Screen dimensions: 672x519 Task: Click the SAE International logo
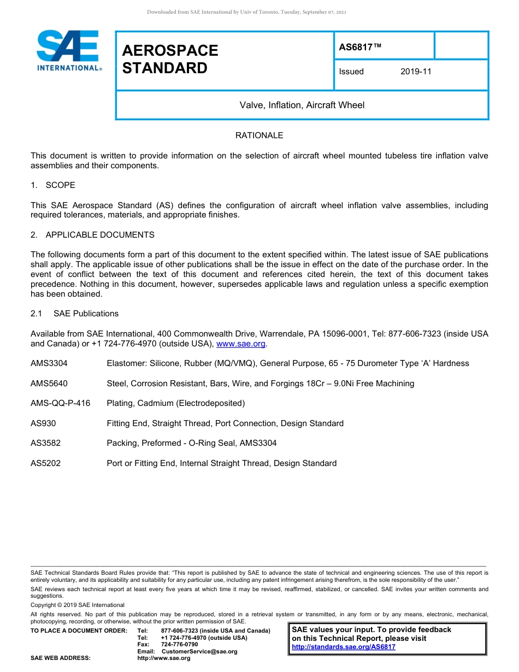click(68, 50)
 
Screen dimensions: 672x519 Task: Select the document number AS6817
click(360, 47)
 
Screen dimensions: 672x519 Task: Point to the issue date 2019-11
click(416, 72)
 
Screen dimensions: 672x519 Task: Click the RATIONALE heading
click(259, 135)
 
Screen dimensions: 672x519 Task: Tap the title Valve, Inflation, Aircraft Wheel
click(302, 105)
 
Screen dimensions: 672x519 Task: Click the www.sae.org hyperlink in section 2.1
click(241, 344)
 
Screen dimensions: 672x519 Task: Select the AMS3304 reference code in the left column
click(49, 363)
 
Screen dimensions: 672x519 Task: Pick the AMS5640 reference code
click(49, 384)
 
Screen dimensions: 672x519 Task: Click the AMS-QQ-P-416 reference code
click(60, 403)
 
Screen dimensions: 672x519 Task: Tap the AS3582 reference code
click(45, 443)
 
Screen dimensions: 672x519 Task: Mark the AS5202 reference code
click(45, 463)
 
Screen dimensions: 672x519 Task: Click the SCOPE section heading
click(60, 185)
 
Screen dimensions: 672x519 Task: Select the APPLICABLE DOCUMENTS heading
click(100, 235)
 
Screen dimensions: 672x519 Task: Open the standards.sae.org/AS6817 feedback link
click(344, 647)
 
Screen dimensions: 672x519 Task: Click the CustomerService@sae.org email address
click(199, 651)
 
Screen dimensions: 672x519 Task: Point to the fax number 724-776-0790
click(180, 645)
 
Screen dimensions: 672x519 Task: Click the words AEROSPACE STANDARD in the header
click(170, 59)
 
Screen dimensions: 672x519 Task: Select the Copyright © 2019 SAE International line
click(78, 605)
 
